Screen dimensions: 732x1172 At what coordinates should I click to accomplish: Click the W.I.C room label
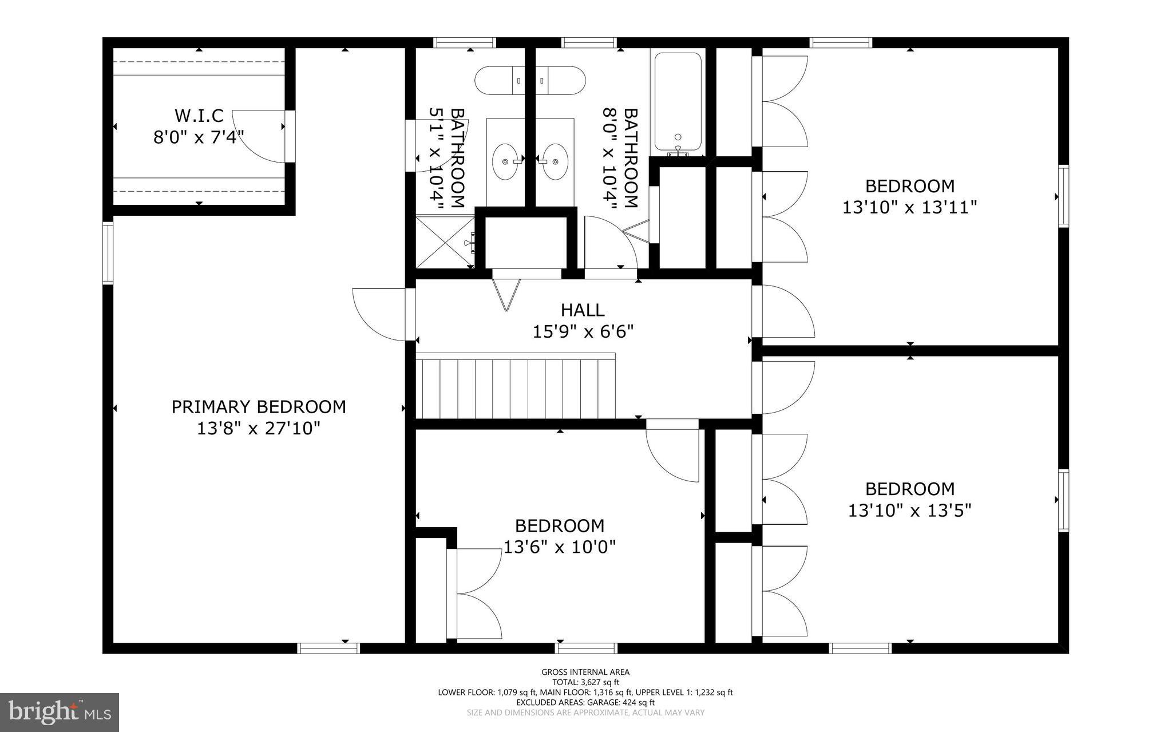(199, 116)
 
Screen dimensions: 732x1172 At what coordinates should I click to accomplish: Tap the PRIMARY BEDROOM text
(259, 407)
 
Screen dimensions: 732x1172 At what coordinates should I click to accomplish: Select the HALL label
(583, 310)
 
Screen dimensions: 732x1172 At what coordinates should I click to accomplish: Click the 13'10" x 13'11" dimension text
(909, 207)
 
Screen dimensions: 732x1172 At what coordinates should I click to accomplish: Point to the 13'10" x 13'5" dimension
(909, 510)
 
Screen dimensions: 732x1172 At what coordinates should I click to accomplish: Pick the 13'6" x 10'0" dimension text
(559, 547)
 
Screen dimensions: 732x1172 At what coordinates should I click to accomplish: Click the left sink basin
(505, 162)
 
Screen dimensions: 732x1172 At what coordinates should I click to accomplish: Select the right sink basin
(555, 162)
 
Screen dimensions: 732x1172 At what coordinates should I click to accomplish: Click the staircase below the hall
(515, 388)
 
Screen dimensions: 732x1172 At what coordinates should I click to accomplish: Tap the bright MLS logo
(60, 712)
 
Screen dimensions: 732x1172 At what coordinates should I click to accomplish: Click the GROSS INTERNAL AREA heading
(585, 672)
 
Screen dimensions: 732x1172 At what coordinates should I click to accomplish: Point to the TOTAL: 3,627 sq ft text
(585, 682)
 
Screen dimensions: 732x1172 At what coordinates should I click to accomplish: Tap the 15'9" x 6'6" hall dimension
(583, 331)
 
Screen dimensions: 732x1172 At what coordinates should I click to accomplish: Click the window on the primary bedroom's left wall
(108, 252)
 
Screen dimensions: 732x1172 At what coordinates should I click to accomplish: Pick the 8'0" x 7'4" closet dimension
(199, 137)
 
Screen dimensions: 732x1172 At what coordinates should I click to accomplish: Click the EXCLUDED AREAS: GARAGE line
(585, 702)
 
